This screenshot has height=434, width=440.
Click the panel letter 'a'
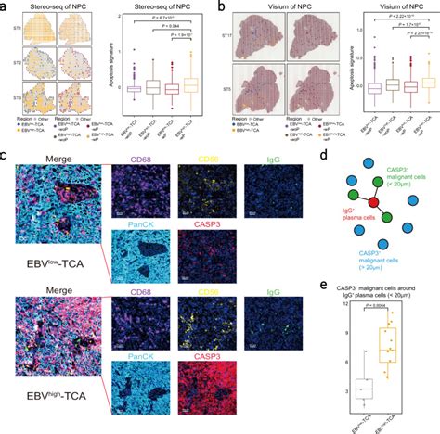tap(6, 6)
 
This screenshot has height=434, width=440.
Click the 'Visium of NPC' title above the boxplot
tap(382, 8)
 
